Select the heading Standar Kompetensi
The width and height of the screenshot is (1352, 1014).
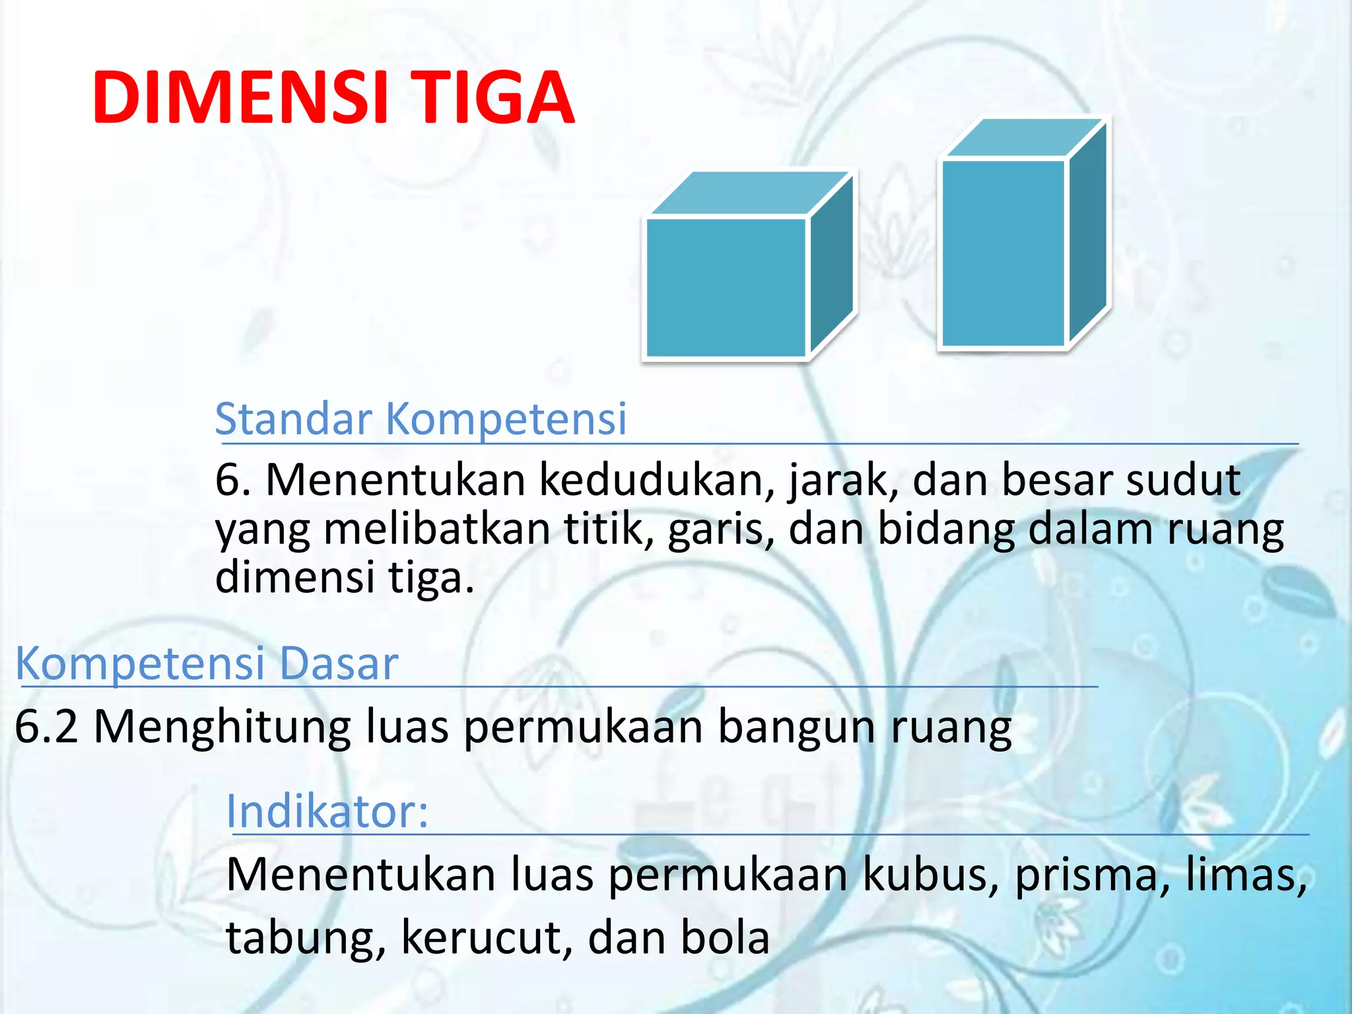coord(421,419)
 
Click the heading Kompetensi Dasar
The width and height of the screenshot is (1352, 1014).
coord(207,663)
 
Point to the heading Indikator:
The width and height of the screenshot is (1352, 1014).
coord(327,811)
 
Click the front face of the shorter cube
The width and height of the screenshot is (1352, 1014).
coord(726,287)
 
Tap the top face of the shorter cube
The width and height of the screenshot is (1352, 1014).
coord(749,193)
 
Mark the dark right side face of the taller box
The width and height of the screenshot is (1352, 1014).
coord(1088,231)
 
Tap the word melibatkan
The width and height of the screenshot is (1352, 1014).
coord(436,529)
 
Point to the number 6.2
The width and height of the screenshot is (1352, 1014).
coord(46,726)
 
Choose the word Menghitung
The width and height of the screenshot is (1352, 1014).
coord(222,727)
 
